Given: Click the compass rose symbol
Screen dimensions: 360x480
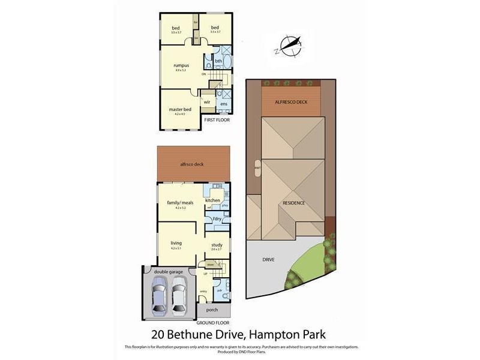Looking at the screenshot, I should (x=289, y=46).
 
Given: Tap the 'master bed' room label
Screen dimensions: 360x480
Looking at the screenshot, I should (x=180, y=109).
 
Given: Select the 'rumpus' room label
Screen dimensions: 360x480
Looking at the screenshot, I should (x=181, y=65).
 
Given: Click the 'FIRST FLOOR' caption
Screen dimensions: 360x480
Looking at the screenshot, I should (x=217, y=120).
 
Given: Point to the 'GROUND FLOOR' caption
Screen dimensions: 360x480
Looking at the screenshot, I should (x=213, y=323).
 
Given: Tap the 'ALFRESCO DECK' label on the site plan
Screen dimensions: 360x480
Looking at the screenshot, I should (x=291, y=102).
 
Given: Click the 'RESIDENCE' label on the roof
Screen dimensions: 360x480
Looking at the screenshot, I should (x=294, y=203).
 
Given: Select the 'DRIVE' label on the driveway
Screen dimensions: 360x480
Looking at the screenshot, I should (x=268, y=260).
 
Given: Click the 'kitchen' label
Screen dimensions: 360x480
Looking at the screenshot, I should (x=212, y=200).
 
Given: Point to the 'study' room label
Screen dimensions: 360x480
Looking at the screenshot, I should (x=217, y=244).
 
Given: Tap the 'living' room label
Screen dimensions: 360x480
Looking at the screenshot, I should (x=176, y=243).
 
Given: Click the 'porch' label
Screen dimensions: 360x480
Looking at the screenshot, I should (x=211, y=310).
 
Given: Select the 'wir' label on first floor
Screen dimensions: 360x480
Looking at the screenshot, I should (x=206, y=102).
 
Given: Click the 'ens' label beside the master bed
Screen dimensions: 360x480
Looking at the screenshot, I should (x=224, y=104).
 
